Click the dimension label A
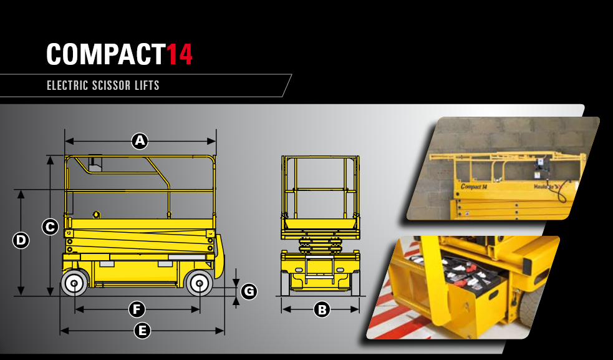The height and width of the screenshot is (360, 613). [140, 141]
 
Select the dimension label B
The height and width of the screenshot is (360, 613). [322, 309]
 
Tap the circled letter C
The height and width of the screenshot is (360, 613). [50, 227]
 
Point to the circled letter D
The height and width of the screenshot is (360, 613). [21, 240]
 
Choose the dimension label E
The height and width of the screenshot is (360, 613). [142, 331]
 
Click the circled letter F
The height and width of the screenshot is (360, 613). [137, 309]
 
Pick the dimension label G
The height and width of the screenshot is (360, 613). [249, 291]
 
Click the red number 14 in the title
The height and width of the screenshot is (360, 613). [180, 54]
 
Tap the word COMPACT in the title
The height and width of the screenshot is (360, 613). [105, 54]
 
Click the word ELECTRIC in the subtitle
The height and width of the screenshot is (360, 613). [67, 85]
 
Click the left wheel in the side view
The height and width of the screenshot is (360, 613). [75, 283]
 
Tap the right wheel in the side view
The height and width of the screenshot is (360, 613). [200, 283]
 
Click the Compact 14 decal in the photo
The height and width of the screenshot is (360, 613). [474, 187]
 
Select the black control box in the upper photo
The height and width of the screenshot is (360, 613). [541, 163]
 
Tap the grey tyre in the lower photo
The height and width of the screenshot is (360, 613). [531, 305]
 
